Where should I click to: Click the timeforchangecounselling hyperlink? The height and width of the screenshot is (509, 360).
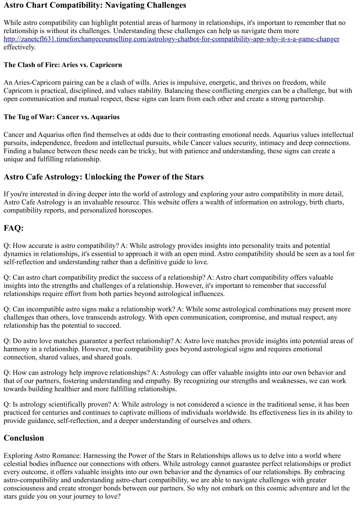pyautogui.click(x=171, y=39)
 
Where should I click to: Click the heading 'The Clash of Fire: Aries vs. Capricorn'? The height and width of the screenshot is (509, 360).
pyautogui.click(x=63, y=65)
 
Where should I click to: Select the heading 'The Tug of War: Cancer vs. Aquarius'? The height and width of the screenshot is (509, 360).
pyautogui.click(x=62, y=117)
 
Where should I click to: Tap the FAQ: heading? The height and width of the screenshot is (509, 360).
pyautogui.click(x=13, y=228)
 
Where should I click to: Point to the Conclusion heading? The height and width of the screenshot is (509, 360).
pyautogui.click(x=24, y=438)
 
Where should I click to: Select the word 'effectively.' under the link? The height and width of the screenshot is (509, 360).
pyautogui.click(x=20, y=47)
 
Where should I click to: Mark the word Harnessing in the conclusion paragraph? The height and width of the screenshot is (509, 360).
pyautogui.click(x=101, y=456)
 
